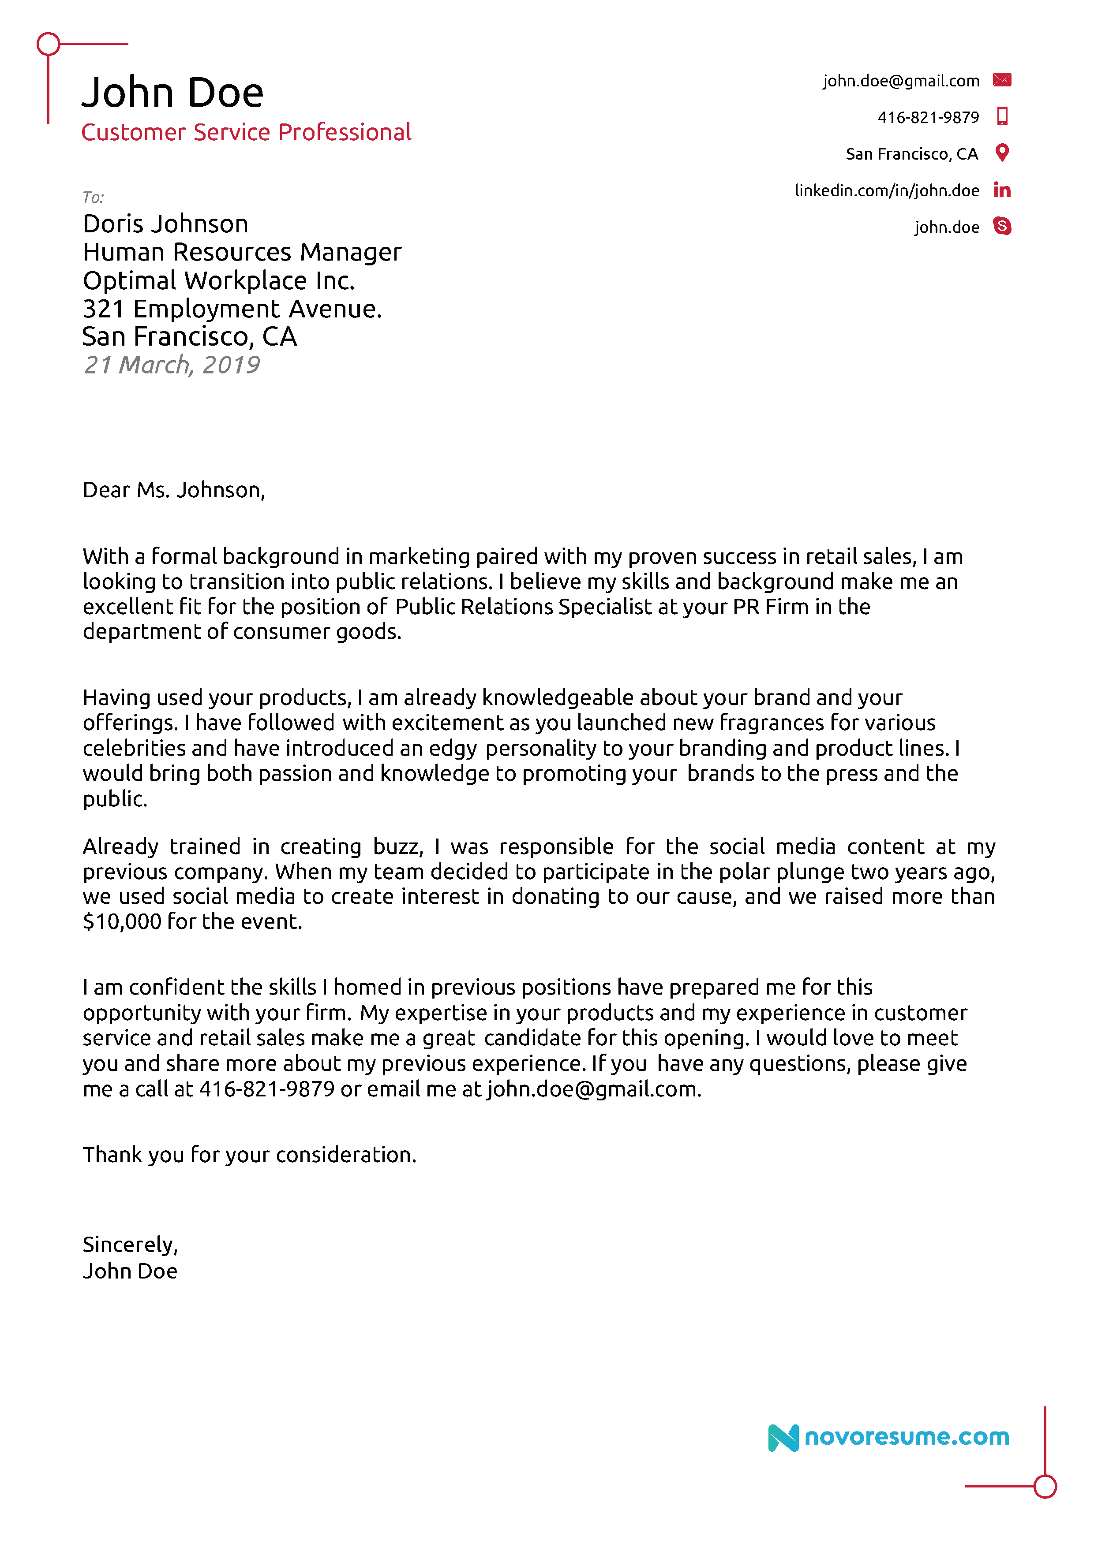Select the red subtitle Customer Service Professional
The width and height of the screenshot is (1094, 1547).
(x=246, y=132)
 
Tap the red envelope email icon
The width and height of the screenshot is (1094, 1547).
(x=1002, y=80)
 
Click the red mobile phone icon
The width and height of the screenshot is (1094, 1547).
(x=1002, y=116)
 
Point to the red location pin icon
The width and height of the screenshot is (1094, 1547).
(x=1002, y=153)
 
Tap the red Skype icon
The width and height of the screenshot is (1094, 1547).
(x=1002, y=227)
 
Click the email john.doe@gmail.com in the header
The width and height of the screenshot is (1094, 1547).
(x=900, y=81)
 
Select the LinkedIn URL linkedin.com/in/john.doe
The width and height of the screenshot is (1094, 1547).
(x=886, y=191)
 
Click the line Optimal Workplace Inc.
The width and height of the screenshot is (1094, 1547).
(x=218, y=280)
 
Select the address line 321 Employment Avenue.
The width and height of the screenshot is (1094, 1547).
(x=232, y=309)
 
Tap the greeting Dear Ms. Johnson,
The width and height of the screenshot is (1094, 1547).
(x=173, y=490)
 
